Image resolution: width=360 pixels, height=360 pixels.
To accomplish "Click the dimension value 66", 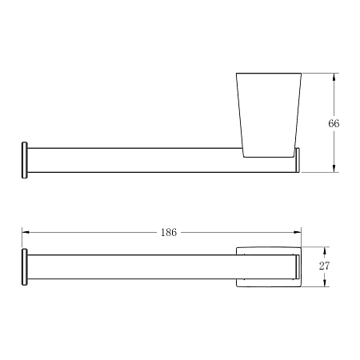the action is tap(334, 123).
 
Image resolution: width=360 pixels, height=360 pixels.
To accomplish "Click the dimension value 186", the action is tap(169, 233).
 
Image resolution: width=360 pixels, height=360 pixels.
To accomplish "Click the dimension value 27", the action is tap(324, 266).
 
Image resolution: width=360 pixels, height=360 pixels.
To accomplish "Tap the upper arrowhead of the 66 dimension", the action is tap(334, 77).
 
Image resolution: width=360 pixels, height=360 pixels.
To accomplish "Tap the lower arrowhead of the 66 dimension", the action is tap(334, 169).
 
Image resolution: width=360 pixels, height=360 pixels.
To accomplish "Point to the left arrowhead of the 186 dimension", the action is tap(26, 232).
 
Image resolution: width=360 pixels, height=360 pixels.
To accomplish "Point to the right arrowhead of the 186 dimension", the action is tap(298, 232).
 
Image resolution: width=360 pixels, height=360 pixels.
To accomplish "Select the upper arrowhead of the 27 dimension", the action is tap(324, 250).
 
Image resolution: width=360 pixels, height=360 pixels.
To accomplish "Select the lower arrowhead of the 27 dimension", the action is tap(324, 283).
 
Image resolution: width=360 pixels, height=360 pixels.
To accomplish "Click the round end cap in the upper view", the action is tap(25, 160).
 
